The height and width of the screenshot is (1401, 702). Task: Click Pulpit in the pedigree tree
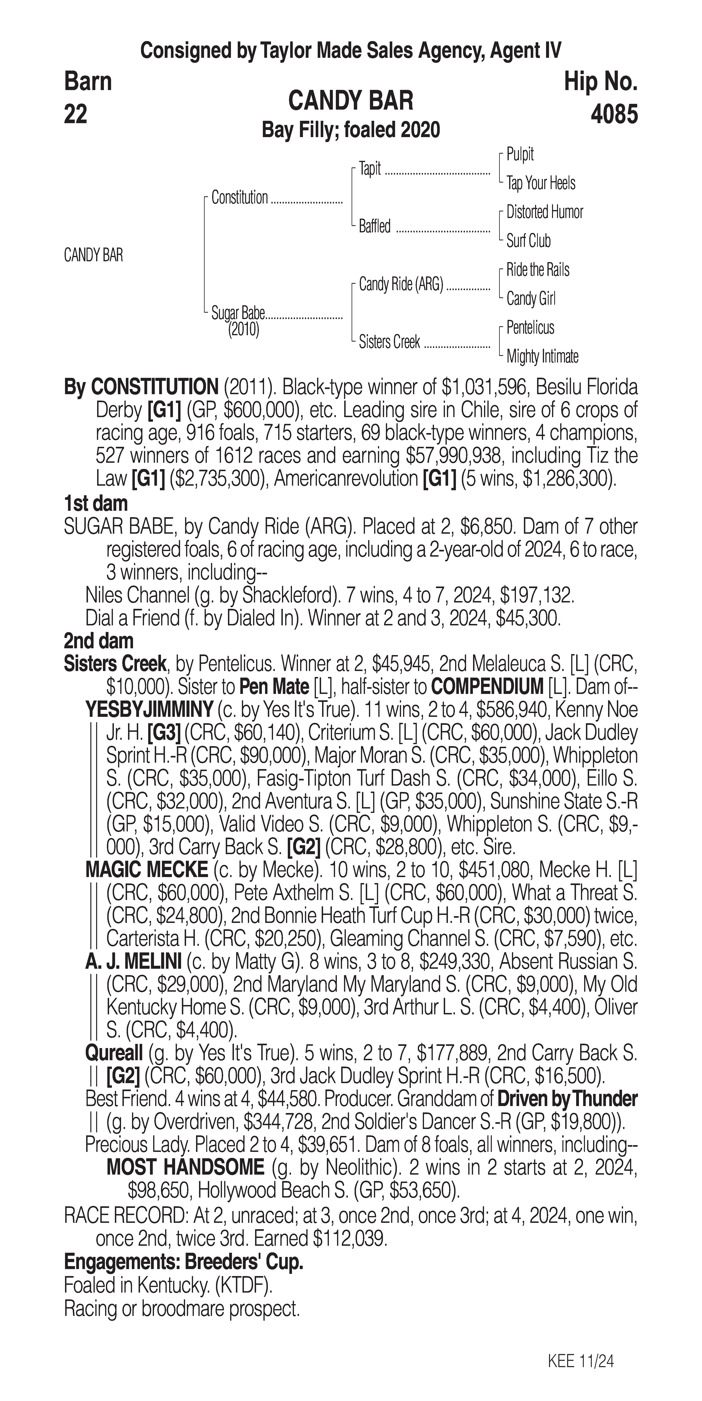coord(520,154)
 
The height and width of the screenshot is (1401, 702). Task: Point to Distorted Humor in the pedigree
coord(544,212)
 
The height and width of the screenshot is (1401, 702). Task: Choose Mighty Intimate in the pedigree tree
coord(542,357)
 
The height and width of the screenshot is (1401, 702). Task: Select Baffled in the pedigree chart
coord(374,226)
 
